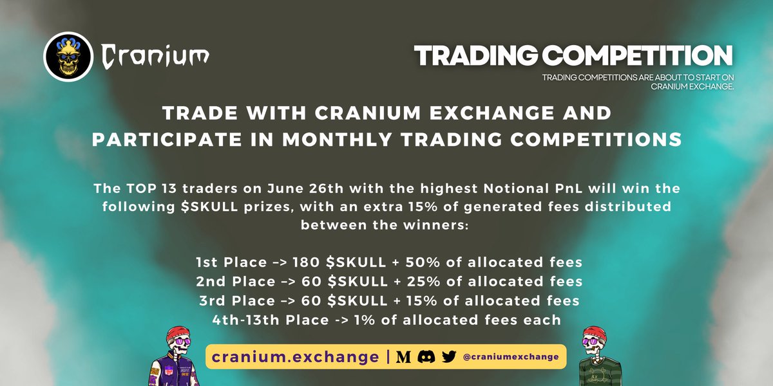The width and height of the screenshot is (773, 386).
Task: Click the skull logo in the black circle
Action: point(69,56)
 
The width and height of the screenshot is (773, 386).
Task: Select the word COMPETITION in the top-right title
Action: point(644,56)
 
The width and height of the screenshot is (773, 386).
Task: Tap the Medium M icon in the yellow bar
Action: point(403,356)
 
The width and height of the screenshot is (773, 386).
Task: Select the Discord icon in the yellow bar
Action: point(426,356)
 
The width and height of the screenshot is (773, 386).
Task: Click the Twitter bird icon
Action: point(448,356)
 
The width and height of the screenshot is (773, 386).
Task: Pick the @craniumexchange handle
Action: point(511,356)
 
